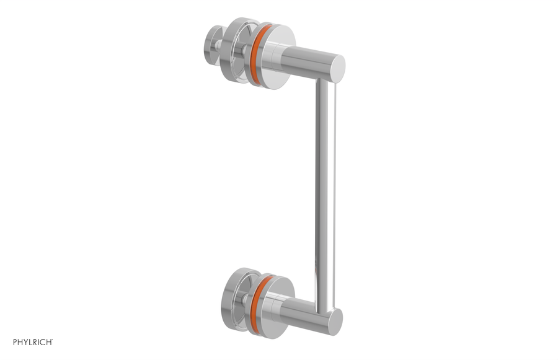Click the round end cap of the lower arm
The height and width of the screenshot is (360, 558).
pos(334,322)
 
